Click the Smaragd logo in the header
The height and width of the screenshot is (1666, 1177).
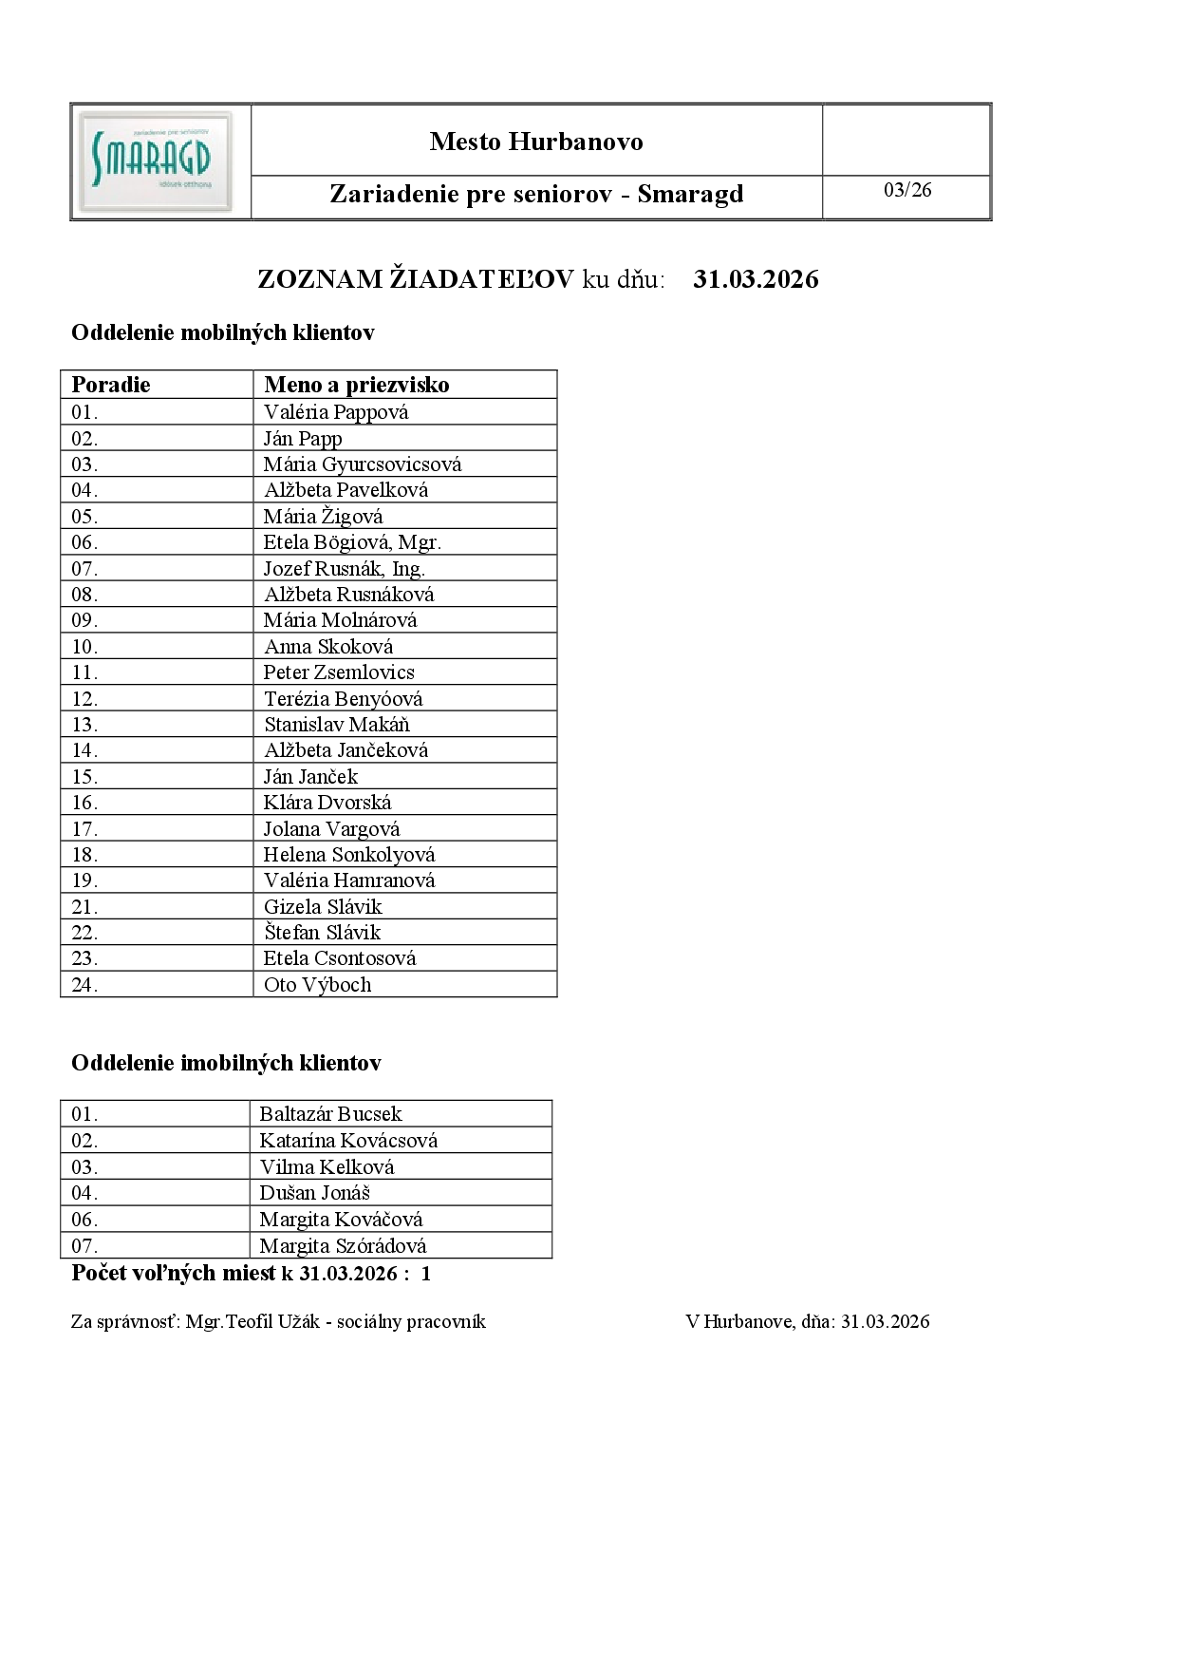pos(156,161)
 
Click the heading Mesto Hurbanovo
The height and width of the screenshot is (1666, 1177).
pos(536,142)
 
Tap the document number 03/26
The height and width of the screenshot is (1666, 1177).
pos(907,190)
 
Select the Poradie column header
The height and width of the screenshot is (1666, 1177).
pos(111,385)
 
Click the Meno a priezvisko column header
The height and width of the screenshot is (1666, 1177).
pos(357,385)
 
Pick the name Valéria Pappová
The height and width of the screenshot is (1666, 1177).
pos(336,412)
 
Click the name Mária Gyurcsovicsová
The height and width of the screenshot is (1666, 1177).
pos(363,464)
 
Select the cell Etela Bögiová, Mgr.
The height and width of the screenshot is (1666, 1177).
pos(352,542)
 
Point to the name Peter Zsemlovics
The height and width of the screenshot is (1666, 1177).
pos(339,672)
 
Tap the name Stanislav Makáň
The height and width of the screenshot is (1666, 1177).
pos(337,725)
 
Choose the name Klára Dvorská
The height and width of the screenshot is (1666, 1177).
pos(327,803)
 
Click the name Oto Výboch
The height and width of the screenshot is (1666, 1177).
pos(318,985)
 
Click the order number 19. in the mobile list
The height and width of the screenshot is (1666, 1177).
pos(84,880)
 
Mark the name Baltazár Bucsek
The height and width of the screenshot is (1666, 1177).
pos(330,1114)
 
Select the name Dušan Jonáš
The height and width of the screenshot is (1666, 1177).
pos(315,1193)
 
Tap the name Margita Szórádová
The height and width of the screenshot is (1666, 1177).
pos(343,1246)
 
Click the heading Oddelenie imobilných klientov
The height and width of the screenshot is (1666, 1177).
pos(226,1063)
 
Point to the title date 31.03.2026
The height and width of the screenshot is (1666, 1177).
pos(756,279)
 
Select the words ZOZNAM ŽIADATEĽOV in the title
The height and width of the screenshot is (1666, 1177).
pos(416,279)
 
